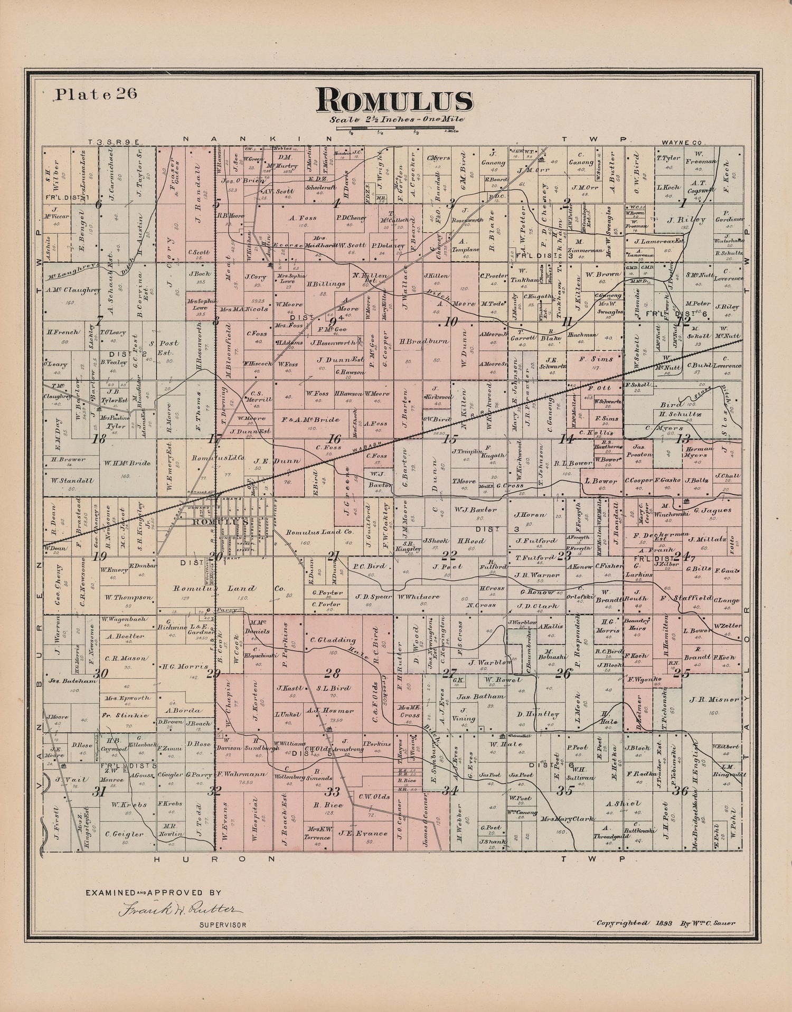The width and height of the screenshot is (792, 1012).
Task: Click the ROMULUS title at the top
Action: [x=394, y=101]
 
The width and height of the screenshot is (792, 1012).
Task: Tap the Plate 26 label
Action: [x=96, y=94]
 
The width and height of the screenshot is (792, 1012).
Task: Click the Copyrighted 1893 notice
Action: [x=666, y=923]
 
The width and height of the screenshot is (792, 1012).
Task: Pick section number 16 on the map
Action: [x=334, y=438]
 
